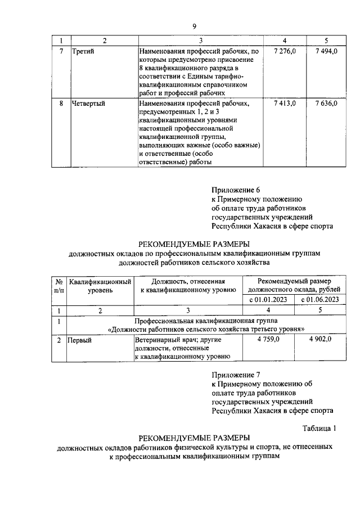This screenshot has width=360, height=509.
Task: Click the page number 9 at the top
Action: coord(194,26)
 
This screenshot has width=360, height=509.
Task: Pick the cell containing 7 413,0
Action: coord(285,103)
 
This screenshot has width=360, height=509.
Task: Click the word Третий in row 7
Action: coord(83,52)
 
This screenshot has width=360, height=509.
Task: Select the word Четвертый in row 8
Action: coord(89,103)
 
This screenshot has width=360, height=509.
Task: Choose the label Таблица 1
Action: coord(319,427)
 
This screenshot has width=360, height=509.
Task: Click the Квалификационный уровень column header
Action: coord(100,285)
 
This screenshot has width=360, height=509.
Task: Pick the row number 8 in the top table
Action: coord(61,103)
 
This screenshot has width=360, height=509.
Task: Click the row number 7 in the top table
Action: coord(61,52)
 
